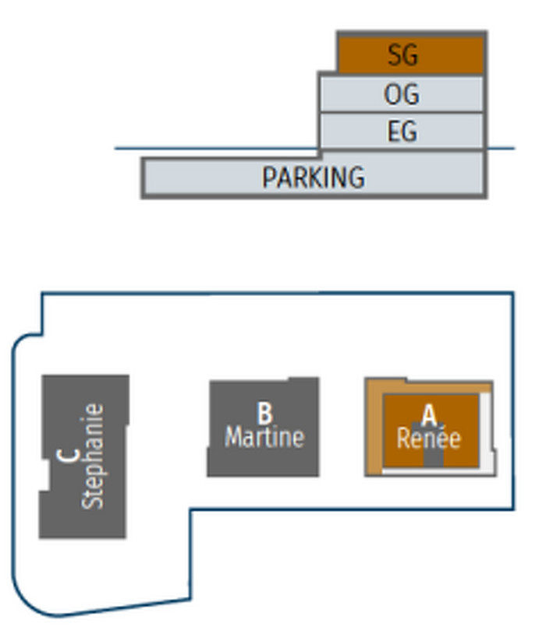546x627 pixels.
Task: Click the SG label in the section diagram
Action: coord(402,55)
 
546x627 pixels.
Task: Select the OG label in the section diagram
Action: coord(402,94)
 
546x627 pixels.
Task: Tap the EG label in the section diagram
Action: coord(402,131)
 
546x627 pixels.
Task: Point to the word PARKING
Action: coord(313,178)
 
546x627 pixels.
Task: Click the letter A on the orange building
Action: coord(428,414)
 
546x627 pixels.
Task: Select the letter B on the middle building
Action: coord(264,410)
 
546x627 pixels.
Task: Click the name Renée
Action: coord(428,438)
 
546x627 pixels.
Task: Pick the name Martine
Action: coord(264,436)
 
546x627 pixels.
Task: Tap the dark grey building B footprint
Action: coord(234,460)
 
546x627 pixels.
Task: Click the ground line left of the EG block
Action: coord(211,148)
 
